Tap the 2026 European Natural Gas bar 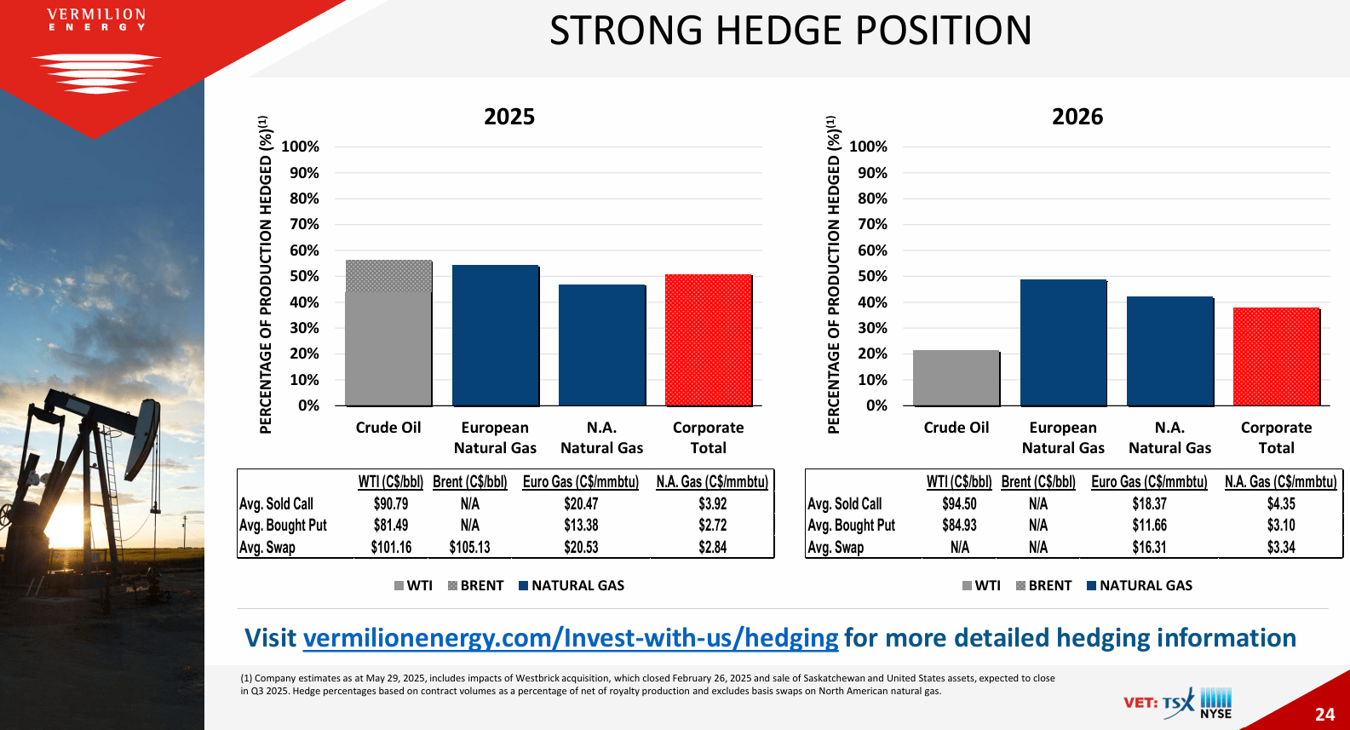[x=1063, y=342]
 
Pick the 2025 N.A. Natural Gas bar [x=601, y=345]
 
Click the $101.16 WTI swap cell [x=391, y=547]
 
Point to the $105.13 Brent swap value [x=469, y=547]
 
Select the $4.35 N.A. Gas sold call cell [x=1280, y=503]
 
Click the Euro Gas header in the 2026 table [x=1149, y=481]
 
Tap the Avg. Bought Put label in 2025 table [x=283, y=525]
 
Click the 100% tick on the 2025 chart [x=300, y=147]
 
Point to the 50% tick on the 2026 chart [x=868, y=276]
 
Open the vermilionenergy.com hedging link [x=571, y=638]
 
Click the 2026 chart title [x=1077, y=117]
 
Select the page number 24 [x=1324, y=714]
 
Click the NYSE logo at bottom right [x=1215, y=704]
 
